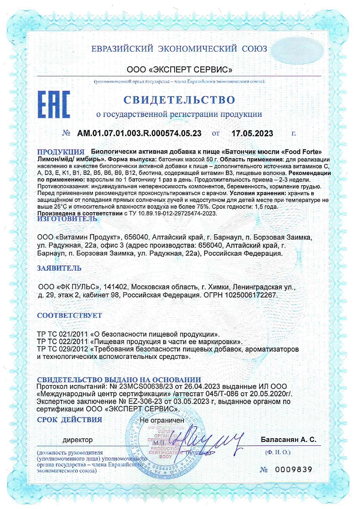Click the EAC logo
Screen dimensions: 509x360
click(54, 104)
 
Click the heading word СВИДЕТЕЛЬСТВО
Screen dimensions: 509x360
click(179, 100)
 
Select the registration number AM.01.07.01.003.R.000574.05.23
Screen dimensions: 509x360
click(139, 133)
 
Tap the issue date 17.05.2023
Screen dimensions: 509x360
click(253, 133)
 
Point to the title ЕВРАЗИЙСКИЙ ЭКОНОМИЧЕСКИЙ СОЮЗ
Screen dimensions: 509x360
click(179, 49)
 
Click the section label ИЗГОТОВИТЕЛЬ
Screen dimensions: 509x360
click(67, 219)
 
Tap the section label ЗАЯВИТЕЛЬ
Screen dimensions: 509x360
click(59, 268)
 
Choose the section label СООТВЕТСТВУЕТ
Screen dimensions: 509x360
click(70, 316)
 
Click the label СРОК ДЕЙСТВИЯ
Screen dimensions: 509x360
click(70, 420)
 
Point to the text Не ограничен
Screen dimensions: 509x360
click(162, 420)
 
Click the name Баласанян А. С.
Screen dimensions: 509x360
click(288, 440)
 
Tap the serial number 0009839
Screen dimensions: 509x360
click(292, 470)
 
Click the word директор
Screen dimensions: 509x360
click(78, 440)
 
